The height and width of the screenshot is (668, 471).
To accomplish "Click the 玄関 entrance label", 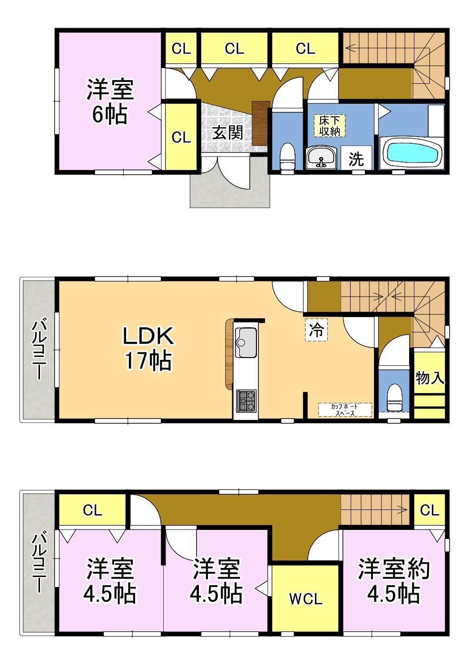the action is point(227,133).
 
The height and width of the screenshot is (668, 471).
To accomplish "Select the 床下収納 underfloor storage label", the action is point(329,126).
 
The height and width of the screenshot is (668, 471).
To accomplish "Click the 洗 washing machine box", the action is point(356,158).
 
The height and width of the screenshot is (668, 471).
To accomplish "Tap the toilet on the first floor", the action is point(287,157).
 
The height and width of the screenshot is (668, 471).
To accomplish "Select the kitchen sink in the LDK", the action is point(246,342).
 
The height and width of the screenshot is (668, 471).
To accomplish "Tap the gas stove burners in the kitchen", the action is point(246,401).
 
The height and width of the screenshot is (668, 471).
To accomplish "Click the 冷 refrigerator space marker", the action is point(316,330).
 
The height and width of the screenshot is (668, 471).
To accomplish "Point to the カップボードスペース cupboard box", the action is point(345,409).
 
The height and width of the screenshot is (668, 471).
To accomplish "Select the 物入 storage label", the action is point(429,378).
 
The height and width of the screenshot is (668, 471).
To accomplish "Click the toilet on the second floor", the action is point(394,398).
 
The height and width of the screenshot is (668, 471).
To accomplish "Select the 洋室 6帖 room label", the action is point(110,101).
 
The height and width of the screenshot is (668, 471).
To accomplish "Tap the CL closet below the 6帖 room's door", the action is point(181,138).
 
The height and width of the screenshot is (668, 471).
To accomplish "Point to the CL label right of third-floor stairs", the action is point(430,510).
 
